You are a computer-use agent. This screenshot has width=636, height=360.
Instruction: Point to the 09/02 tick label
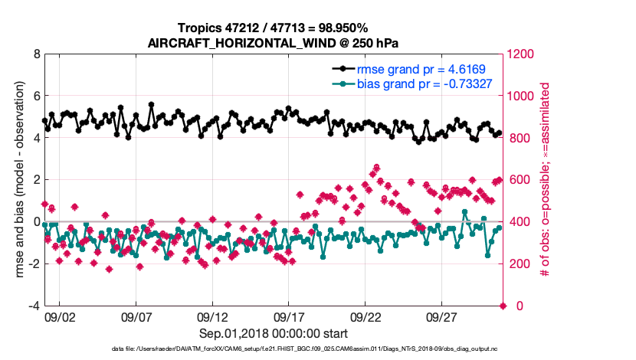tap(60, 316)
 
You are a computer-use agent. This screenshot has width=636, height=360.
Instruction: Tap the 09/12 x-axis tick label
tap(212, 316)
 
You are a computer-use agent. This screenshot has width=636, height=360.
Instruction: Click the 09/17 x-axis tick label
tap(289, 316)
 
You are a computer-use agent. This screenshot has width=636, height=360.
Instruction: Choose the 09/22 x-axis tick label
tap(366, 316)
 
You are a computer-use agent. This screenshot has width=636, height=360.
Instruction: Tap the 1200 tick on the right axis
tap(523, 55)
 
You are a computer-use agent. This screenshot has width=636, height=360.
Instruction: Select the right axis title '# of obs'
tap(546, 180)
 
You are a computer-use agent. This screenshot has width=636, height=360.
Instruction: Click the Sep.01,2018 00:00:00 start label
tap(274, 333)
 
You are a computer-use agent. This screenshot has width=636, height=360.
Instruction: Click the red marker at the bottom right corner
tap(503, 306)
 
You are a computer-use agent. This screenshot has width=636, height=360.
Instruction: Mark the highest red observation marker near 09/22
tap(376, 167)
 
